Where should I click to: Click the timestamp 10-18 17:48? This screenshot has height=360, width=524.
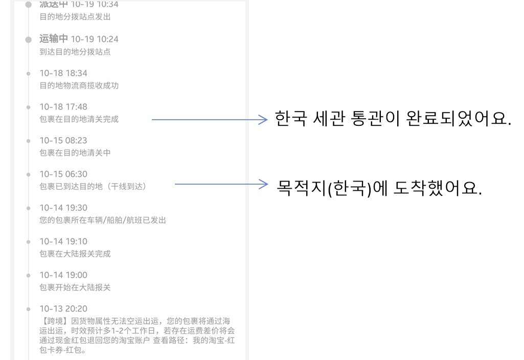63,107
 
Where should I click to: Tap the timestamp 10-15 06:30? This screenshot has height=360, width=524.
63,174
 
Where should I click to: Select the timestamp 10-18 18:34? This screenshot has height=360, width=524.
63,73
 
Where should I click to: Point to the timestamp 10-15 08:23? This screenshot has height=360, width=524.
63,140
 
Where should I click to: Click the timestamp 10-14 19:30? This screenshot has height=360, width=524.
63,208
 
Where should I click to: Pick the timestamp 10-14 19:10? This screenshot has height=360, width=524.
63,241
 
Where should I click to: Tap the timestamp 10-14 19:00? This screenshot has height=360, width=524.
63,275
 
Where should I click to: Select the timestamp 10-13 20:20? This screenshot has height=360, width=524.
63,309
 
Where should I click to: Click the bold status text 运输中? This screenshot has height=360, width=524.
54,39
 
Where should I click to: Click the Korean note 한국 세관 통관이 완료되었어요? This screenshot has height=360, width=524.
393,119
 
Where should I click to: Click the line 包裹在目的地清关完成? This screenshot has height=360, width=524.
79,119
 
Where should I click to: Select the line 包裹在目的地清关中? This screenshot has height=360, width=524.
75,152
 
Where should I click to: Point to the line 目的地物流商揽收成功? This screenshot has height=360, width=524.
79,85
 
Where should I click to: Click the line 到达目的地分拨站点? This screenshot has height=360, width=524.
75,52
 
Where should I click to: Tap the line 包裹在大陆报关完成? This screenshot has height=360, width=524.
75,254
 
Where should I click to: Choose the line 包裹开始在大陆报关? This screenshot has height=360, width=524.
75,287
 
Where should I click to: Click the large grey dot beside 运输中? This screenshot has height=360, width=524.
29,39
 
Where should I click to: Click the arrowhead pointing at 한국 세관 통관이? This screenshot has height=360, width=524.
264,120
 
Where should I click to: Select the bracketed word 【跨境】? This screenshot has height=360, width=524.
55,321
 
